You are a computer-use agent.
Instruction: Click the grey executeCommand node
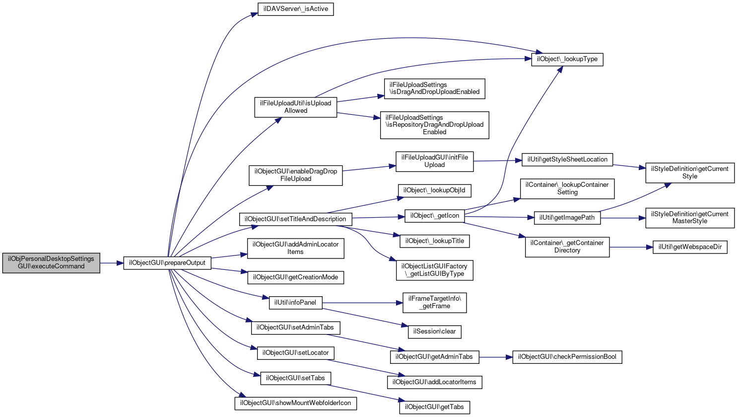pos(51,263)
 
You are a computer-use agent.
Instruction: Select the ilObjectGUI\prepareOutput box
pos(167,263)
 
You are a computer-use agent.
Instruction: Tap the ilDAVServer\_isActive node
pos(295,9)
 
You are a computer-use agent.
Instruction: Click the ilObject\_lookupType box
pos(567,59)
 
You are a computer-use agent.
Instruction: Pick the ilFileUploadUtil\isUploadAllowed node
pos(295,107)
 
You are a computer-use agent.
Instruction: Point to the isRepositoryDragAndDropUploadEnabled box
pos(435,125)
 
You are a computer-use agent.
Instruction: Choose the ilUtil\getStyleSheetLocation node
pos(567,160)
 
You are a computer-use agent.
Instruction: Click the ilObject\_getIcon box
pos(434,216)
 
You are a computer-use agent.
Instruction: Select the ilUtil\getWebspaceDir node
pos(690,247)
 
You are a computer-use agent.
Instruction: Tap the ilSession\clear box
pos(435,332)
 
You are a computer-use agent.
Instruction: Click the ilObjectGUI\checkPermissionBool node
pos(567,357)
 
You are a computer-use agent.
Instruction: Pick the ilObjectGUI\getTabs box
pos(435,408)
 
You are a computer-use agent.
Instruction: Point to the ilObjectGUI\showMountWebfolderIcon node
pos(295,403)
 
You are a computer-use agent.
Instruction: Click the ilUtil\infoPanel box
pos(295,303)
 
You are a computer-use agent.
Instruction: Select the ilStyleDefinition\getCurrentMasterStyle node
pos(690,218)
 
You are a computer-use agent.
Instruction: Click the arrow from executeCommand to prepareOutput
pos(112,263)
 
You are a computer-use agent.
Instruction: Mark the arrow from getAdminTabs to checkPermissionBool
pos(496,357)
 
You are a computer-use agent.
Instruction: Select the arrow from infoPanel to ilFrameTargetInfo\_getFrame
pos(363,303)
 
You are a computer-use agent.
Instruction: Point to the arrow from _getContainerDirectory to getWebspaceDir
pos(631,247)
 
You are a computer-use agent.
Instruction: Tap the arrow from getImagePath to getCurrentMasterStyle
pos(623,218)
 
